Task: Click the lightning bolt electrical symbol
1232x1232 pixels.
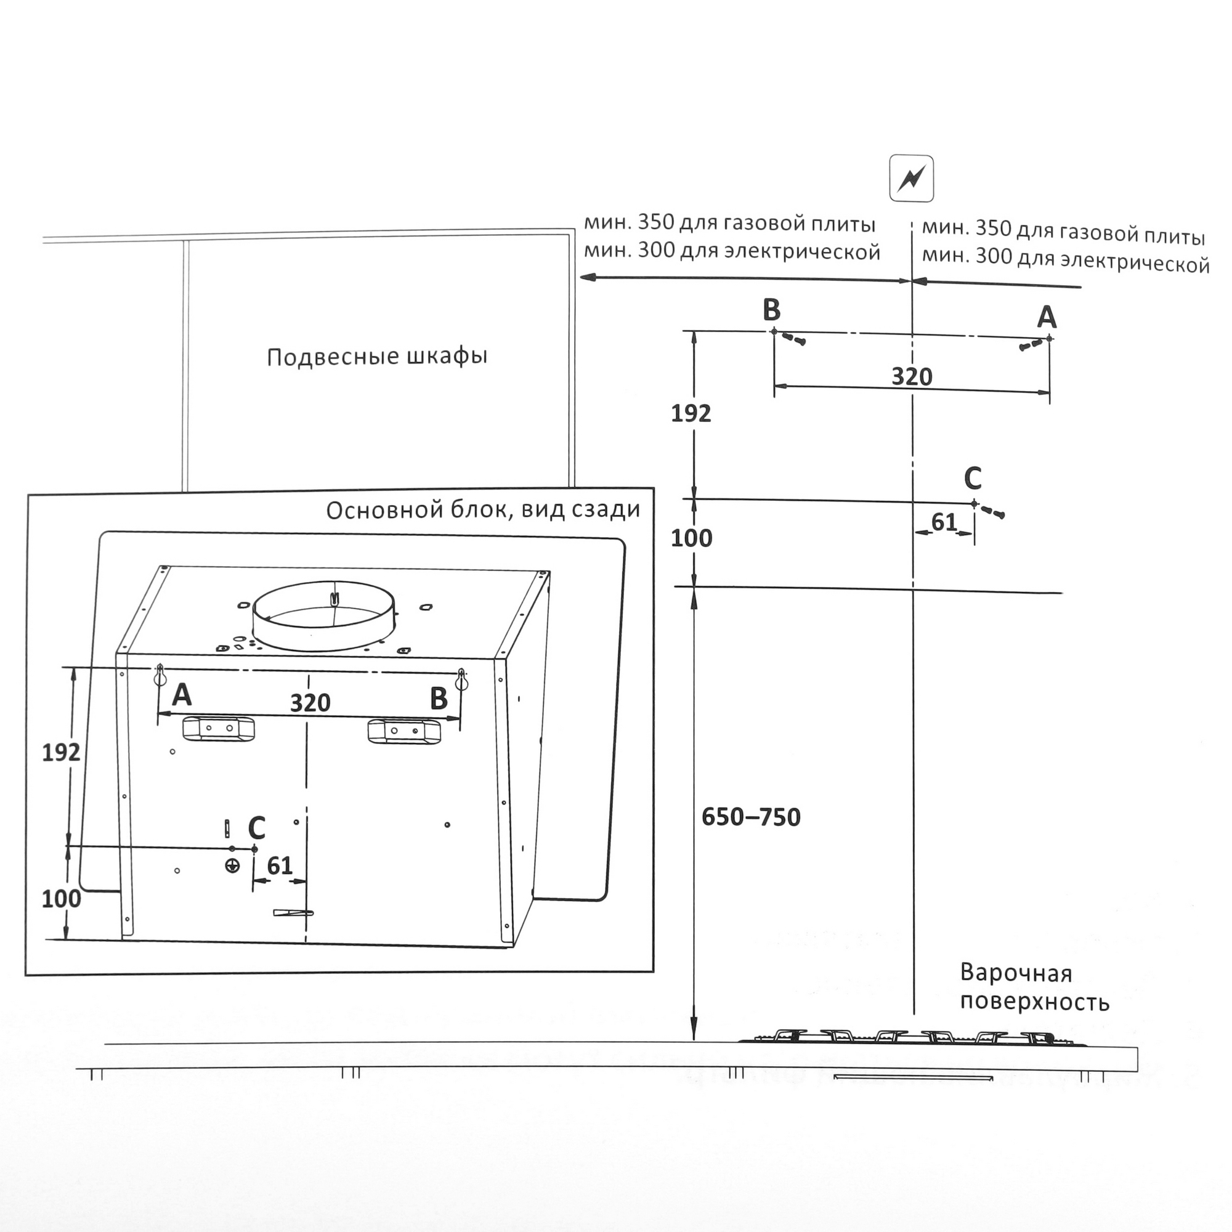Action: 911,179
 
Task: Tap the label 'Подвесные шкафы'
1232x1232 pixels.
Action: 377,356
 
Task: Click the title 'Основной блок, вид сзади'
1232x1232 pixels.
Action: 483,509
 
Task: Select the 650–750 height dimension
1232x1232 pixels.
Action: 750,817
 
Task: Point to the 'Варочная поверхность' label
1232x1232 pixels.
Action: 1034,987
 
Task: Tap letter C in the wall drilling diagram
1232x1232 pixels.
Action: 972,477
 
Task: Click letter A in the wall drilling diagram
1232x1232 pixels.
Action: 1047,317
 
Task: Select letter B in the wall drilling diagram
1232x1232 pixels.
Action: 772,310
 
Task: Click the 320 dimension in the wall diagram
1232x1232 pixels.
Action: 911,377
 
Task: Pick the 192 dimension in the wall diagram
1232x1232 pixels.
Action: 691,414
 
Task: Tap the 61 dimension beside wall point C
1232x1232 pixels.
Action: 944,523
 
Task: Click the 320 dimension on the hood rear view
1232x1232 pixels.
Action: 310,703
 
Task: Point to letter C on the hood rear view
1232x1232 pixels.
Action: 256,829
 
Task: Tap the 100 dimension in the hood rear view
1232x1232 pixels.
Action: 61,899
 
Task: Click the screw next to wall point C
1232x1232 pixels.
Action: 992,511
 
